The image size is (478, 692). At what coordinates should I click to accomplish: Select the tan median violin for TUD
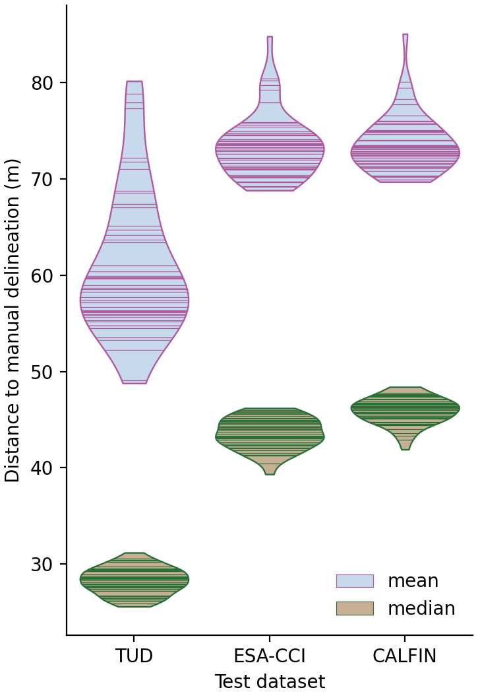pyautogui.click(x=134, y=580)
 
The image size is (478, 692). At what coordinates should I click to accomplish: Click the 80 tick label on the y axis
pyautogui.click(x=45, y=83)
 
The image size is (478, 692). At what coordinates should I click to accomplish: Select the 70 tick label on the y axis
pyautogui.click(x=45, y=180)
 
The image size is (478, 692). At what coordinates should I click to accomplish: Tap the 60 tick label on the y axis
pyautogui.click(x=45, y=276)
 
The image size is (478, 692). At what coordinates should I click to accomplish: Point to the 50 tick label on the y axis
pyautogui.click(x=45, y=372)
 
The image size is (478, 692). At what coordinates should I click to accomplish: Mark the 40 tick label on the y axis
pyautogui.click(x=45, y=468)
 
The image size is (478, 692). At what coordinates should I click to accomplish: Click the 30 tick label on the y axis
pyautogui.click(x=45, y=565)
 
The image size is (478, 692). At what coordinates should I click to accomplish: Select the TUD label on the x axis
pyautogui.click(x=134, y=656)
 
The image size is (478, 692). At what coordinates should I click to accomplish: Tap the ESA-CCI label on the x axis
pyautogui.click(x=270, y=656)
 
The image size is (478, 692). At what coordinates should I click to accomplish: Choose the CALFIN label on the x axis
pyautogui.click(x=405, y=656)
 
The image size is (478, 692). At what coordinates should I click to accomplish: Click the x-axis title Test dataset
pyautogui.click(x=270, y=681)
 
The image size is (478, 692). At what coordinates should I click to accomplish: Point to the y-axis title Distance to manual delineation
pyautogui.click(x=13, y=320)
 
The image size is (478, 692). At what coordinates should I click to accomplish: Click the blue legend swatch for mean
pyautogui.click(x=355, y=581)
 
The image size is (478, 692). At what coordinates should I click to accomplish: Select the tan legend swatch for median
pyautogui.click(x=355, y=608)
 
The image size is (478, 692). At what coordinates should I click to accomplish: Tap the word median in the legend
pyautogui.click(x=421, y=608)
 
